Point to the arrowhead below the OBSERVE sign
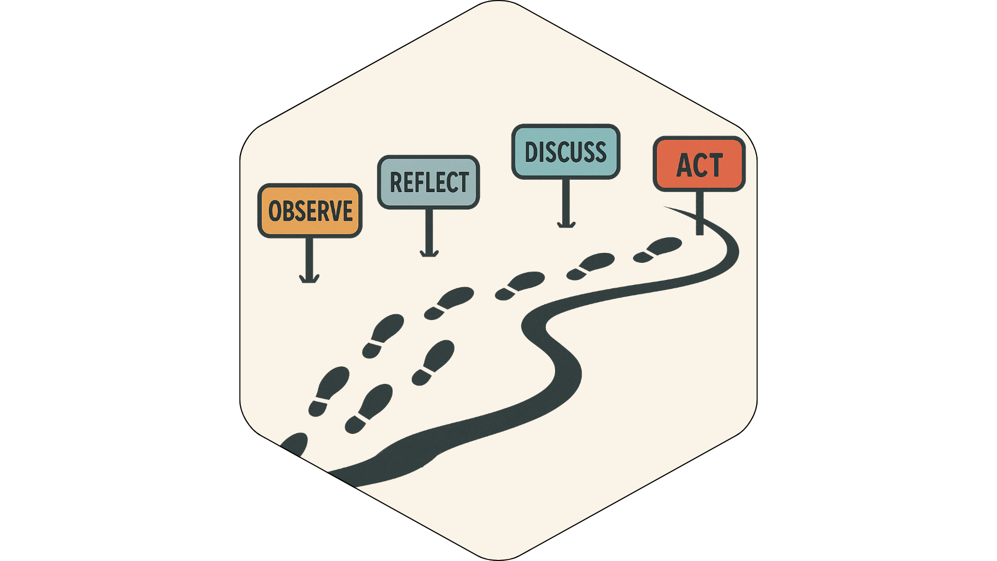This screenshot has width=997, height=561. (309, 279)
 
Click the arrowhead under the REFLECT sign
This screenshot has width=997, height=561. (429, 253)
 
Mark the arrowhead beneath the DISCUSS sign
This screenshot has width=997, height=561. (566, 224)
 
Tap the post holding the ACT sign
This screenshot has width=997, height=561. (699, 213)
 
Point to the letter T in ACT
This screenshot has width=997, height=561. (715, 165)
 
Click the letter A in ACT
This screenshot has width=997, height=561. (684, 166)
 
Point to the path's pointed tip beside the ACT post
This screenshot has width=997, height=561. (667, 208)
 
